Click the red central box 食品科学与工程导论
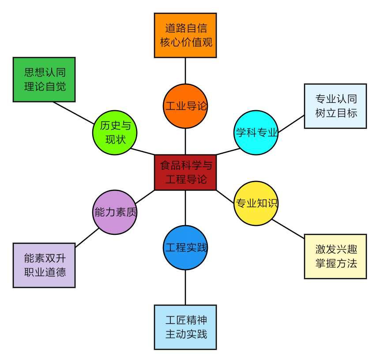[185, 172]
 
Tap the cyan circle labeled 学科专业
[256, 133]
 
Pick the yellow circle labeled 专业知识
[256, 203]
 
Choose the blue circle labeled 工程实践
[185, 248]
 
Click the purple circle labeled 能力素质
[115, 212]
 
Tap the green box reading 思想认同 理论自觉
[44, 80]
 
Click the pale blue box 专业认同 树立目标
[335, 106]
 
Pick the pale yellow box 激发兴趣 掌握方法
[335, 257]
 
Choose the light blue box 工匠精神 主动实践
[185, 327]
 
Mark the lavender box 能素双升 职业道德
[44, 265]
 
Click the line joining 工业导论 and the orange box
[185, 71]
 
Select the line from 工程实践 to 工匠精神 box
[185, 287]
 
